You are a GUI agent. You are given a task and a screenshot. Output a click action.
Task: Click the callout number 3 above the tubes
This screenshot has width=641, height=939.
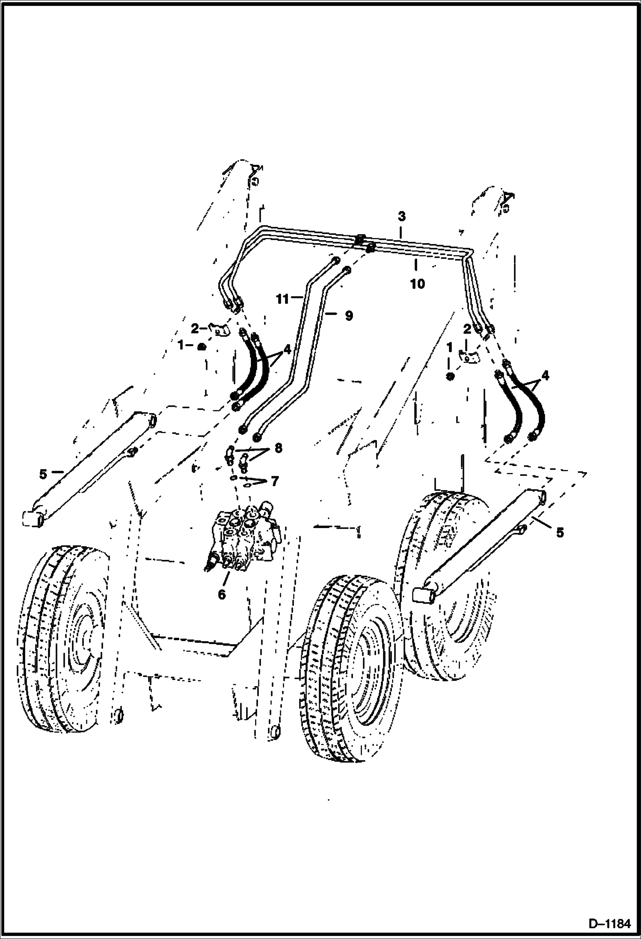click(401, 216)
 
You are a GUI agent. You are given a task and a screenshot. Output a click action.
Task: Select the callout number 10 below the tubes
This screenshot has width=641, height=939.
click(418, 283)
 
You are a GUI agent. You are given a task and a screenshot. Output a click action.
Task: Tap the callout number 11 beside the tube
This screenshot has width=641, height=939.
click(283, 299)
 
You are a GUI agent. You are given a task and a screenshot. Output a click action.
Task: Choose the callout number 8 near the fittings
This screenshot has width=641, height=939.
click(278, 449)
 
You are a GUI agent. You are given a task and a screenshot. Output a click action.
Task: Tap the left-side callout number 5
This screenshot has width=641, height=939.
click(43, 474)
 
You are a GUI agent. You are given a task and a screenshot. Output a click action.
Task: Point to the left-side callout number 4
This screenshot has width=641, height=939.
click(286, 350)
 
